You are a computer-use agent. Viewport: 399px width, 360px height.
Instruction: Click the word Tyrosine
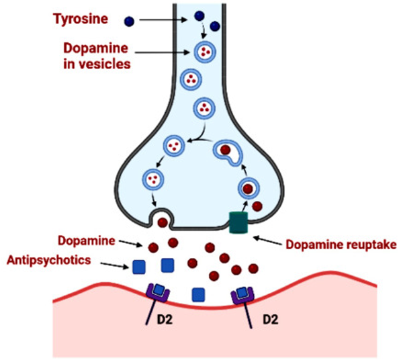(81, 19)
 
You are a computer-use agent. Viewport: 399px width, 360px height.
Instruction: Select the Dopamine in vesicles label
(97, 56)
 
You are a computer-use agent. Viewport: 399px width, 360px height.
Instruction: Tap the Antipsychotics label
(49, 261)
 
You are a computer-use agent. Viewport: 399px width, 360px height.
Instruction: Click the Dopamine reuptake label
(341, 244)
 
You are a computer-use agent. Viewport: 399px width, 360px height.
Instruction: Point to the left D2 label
(165, 319)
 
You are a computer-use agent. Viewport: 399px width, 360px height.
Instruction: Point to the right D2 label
(270, 319)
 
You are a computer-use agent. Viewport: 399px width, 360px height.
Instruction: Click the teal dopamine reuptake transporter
(238, 222)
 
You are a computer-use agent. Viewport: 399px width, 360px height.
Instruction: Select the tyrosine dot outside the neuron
(129, 21)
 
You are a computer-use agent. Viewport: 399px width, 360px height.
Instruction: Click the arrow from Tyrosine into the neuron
(163, 19)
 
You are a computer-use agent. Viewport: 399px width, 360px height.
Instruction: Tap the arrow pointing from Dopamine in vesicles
(162, 52)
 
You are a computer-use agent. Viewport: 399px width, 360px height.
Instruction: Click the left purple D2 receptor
(158, 293)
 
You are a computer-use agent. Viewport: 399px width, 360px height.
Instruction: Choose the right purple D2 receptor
(242, 294)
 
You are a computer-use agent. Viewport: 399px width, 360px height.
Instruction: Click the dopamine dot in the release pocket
(163, 222)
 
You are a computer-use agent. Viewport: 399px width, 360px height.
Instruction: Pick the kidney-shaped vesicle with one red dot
(228, 152)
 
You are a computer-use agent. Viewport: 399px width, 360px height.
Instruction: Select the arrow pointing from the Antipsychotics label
(114, 265)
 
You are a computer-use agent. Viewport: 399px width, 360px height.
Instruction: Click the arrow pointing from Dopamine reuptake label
(268, 240)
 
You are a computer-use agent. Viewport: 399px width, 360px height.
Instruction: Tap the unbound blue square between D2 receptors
(198, 295)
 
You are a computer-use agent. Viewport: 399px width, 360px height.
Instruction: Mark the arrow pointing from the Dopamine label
(131, 243)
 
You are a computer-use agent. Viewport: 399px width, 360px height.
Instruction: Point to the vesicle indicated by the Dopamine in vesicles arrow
(205, 52)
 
